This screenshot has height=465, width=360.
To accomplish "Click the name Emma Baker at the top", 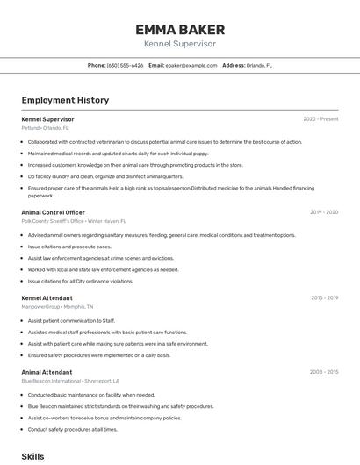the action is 180,30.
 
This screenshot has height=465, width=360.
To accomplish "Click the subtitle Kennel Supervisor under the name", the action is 180,44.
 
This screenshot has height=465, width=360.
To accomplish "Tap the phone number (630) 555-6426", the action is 125,65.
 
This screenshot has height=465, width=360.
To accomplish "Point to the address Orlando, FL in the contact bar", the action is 259,65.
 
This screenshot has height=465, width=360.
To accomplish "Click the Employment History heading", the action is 65,100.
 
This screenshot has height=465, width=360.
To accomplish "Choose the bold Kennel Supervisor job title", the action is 47,119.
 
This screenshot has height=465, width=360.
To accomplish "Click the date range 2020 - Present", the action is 320,119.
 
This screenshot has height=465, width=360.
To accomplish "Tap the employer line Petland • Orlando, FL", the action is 45,128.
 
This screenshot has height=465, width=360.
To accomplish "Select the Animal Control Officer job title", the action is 53,212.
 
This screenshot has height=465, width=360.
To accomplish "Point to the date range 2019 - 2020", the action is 324,212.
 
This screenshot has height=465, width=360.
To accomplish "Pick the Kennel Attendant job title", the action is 47,298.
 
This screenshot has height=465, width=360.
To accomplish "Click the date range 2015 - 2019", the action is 324,298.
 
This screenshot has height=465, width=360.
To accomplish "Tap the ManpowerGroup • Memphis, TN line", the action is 57,307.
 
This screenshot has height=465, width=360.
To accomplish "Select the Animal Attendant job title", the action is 47,372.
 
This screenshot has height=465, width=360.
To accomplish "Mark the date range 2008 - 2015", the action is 324,372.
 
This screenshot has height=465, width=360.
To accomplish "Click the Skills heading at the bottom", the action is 32,457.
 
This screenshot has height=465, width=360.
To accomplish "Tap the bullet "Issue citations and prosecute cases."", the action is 69,247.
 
